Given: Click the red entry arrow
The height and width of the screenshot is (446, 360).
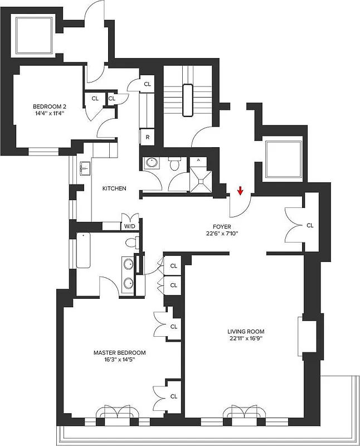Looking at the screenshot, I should pos(240,191).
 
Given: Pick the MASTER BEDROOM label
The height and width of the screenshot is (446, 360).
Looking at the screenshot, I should pos(119,352).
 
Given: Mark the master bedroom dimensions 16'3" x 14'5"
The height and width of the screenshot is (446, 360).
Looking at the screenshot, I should pos(119,360).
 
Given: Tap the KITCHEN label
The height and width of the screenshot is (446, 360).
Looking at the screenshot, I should pos(114,188).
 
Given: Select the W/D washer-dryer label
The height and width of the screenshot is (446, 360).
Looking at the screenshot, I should pos(129,226).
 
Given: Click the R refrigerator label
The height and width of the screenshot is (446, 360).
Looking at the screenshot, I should pos(148,137).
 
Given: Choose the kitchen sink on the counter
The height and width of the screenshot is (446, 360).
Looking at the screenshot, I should pos(85,167).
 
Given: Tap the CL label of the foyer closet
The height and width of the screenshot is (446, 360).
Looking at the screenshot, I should pos(310,226).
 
